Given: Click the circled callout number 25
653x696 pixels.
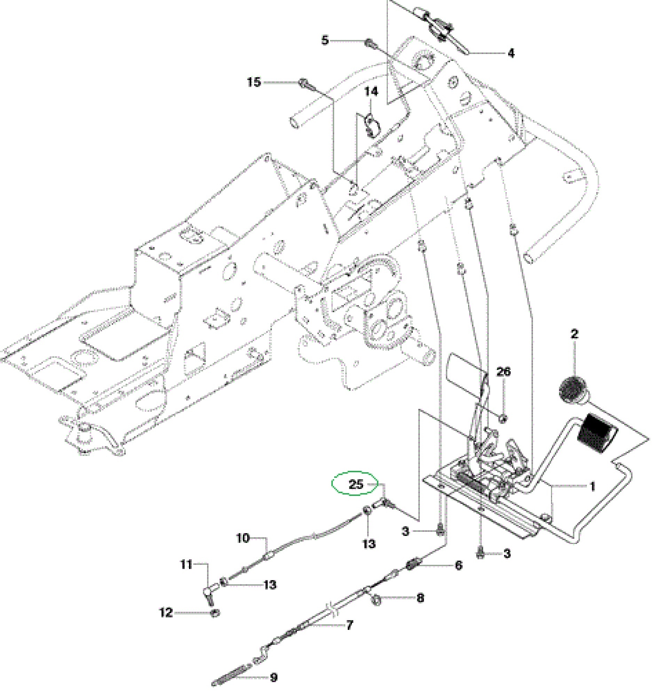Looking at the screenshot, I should (356, 484).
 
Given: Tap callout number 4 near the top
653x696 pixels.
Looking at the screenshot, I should (511, 53).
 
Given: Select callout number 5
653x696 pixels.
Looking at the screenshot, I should (325, 40).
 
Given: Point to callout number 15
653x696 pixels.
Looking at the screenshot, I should (254, 82).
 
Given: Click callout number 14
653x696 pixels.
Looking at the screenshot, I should (371, 92).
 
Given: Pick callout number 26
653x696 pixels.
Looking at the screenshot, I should (503, 371).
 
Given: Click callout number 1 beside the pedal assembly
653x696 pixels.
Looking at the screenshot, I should (592, 487).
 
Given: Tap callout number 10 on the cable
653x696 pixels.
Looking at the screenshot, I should (243, 538).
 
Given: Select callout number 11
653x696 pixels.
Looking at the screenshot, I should (186, 564).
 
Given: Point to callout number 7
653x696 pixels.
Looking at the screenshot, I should (349, 625).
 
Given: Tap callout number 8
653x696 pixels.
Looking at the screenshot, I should (420, 597).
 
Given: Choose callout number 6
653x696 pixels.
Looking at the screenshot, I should (458, 565).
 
